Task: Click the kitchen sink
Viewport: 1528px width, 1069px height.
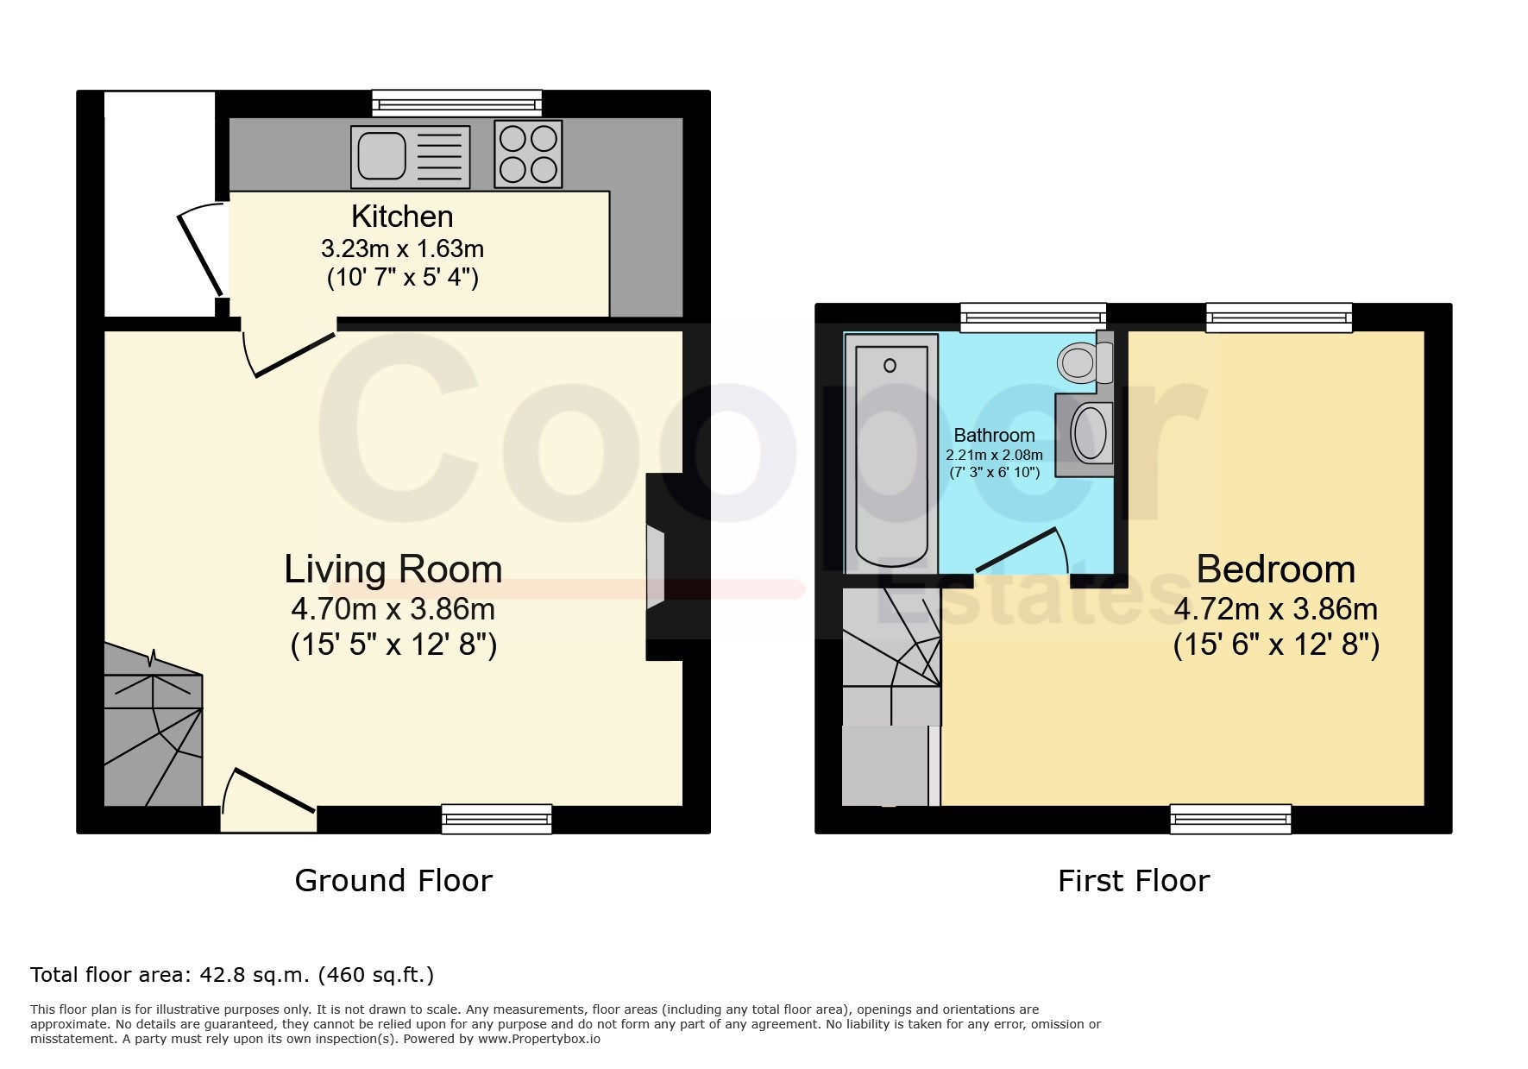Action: (x=411, y=157)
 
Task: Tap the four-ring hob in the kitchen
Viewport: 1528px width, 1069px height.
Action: (x=528, y=154)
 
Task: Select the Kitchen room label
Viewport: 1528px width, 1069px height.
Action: (x=402, y=216)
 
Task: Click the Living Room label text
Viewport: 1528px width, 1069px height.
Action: (x=393, y=569)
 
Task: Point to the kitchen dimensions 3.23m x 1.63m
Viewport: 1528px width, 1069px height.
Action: (x=402, y=249)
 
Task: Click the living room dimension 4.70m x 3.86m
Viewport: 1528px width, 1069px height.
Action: (x=393, y=610)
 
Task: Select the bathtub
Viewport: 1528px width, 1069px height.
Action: (x=891, y=453)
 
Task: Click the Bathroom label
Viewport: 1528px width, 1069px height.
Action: (x=994, y=436)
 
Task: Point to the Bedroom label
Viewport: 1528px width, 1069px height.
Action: (x=1276, y=569)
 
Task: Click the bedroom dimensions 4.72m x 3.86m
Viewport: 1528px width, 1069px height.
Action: (x=1276, y=610)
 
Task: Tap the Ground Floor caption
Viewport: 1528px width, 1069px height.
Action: (x=393, y=881)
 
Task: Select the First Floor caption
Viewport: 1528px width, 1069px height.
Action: (x=1134, y=881)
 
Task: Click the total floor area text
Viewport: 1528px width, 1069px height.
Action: (x=232, y=975)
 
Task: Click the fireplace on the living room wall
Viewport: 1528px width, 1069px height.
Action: (x=657, y=567)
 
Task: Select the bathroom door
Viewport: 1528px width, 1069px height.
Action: (x=1023, y=552)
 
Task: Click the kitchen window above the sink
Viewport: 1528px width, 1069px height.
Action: (x=457, y=104)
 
